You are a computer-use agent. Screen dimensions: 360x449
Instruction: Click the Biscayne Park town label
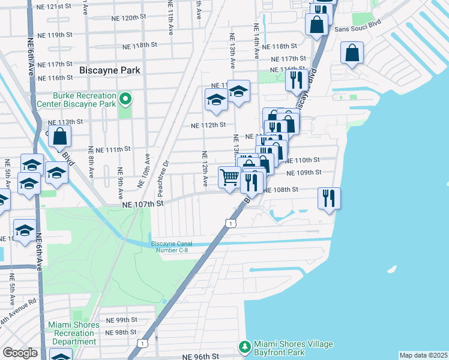(x=110, y=70)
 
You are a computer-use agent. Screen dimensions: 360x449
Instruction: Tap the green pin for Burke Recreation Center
(x=125, y=98)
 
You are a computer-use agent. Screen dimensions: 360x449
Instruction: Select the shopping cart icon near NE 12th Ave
(x=229, y=178)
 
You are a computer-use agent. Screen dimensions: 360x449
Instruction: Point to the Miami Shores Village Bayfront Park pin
(x=245, y=346)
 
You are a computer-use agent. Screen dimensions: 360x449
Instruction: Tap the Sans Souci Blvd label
(x=357, y=29)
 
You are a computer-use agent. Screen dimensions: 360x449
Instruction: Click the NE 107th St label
(x=143, y=204)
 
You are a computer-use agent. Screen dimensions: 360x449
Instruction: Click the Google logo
(x=20, y=353)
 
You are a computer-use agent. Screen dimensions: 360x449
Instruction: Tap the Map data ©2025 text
(x=423, y=355)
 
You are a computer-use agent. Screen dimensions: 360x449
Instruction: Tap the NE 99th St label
(x=122, y=320)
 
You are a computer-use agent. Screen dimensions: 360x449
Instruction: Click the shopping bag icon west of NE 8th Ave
(x=60, y=136)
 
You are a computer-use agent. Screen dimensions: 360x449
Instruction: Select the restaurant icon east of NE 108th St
(x=329, y=197)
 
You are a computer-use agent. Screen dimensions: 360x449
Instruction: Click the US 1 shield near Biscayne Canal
(x=231, y=223)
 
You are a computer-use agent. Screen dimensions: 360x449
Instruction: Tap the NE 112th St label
(x=208, y=125)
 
